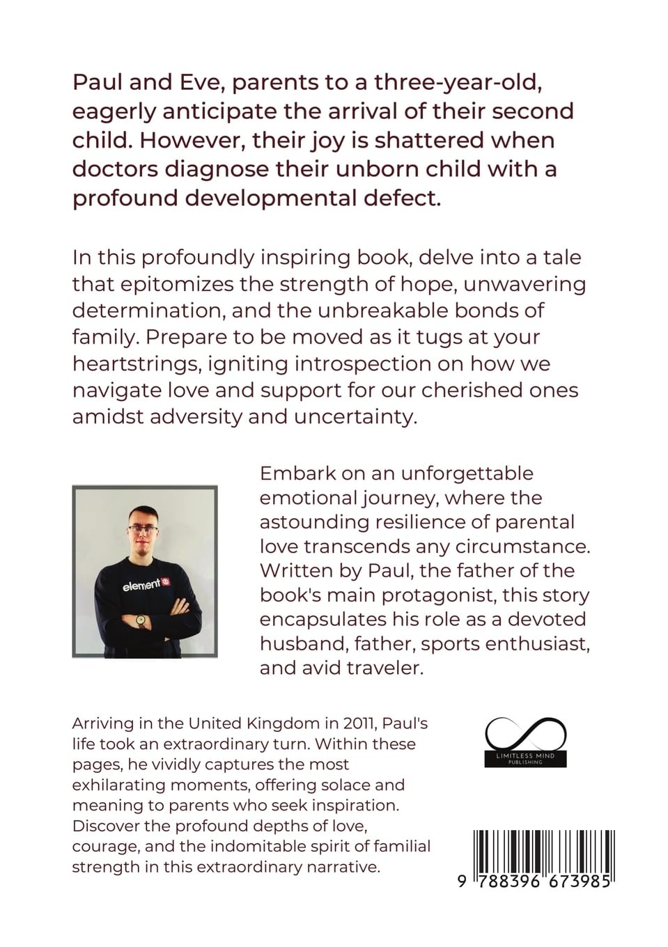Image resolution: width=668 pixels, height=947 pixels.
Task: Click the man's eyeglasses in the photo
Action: (143, 529)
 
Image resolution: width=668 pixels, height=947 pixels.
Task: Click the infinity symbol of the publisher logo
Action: (525, 735)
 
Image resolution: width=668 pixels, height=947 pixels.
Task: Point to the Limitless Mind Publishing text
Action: (525, 758)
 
